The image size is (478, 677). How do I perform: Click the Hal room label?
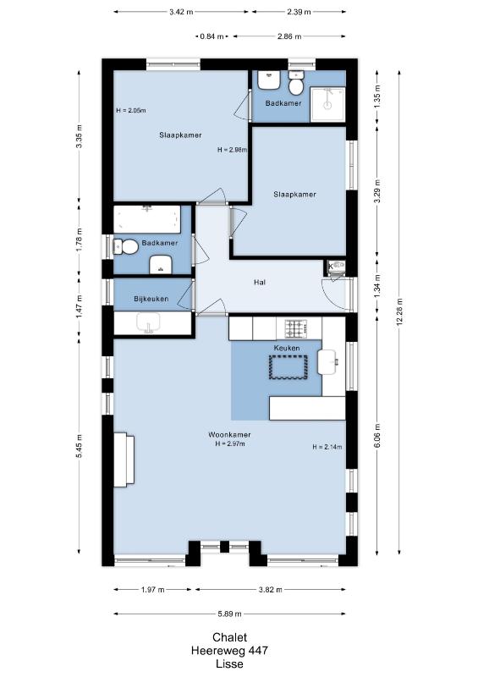coord(260,283)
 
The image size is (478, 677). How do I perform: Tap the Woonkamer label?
coord(229,435)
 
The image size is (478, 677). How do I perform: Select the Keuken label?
coord(287,348)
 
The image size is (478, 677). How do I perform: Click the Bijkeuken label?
coord(151,299)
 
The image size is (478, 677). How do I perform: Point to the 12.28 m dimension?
coord(400,311)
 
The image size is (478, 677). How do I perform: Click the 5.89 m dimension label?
coord(229,614)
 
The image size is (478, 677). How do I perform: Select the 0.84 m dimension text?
coord(212,36)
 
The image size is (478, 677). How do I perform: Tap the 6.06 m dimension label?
coord(378,436)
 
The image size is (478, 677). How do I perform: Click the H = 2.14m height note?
coord(327,448)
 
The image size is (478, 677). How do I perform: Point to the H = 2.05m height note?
coord(131,111)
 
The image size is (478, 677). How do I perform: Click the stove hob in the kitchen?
coord(296,328)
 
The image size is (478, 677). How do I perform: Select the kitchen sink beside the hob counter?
coord(327,361)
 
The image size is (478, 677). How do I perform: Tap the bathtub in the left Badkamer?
coord(147,219)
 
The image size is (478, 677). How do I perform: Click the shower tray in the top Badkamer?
coord(327,104)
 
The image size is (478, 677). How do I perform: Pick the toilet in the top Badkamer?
coord(296,83)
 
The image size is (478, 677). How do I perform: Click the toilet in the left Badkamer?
coord(126,247)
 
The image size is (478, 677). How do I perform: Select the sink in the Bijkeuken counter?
coord(148,323)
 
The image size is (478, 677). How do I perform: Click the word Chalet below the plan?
coord(230,637)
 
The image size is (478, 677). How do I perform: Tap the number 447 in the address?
coord(257,650)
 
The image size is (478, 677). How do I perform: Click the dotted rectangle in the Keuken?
coord(288,367)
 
